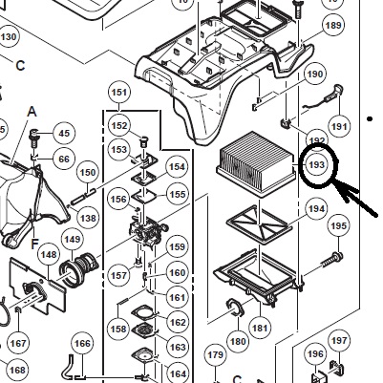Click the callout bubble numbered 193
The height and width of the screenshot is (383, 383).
[x=316, y=165]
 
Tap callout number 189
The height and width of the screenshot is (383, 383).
[x=333, y=25]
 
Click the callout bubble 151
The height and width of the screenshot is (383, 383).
[x=119, y=93]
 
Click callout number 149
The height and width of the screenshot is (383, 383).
[x=73, y=239]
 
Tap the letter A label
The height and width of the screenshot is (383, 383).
[x=32, y=112]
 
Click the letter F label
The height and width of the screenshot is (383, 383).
[x=34, y=245]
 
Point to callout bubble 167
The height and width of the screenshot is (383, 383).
[x=18, y=343]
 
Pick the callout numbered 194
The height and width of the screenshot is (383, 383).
[x=316, y=209]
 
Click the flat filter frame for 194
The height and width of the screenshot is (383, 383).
[x=259, y=224]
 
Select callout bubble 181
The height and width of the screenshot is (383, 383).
[x=260, y=328]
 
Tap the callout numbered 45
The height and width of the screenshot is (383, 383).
[x=64, y=133]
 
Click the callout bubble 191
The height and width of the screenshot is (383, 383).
[x=339, y=127]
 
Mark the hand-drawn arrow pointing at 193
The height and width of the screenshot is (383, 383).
[x=355, y=198]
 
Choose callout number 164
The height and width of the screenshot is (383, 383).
[x=178, y=373]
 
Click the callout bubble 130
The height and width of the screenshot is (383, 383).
[x=9, y=37]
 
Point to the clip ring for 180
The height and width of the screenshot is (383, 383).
[x=235, y=308]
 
